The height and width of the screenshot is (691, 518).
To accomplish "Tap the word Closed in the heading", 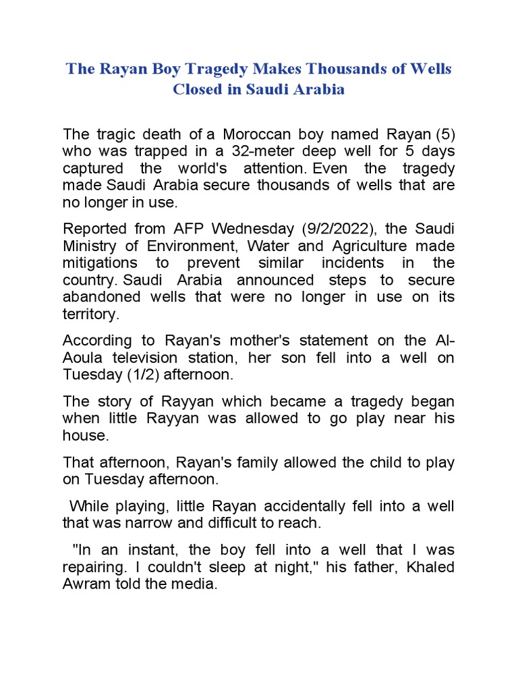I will point(197,90).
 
